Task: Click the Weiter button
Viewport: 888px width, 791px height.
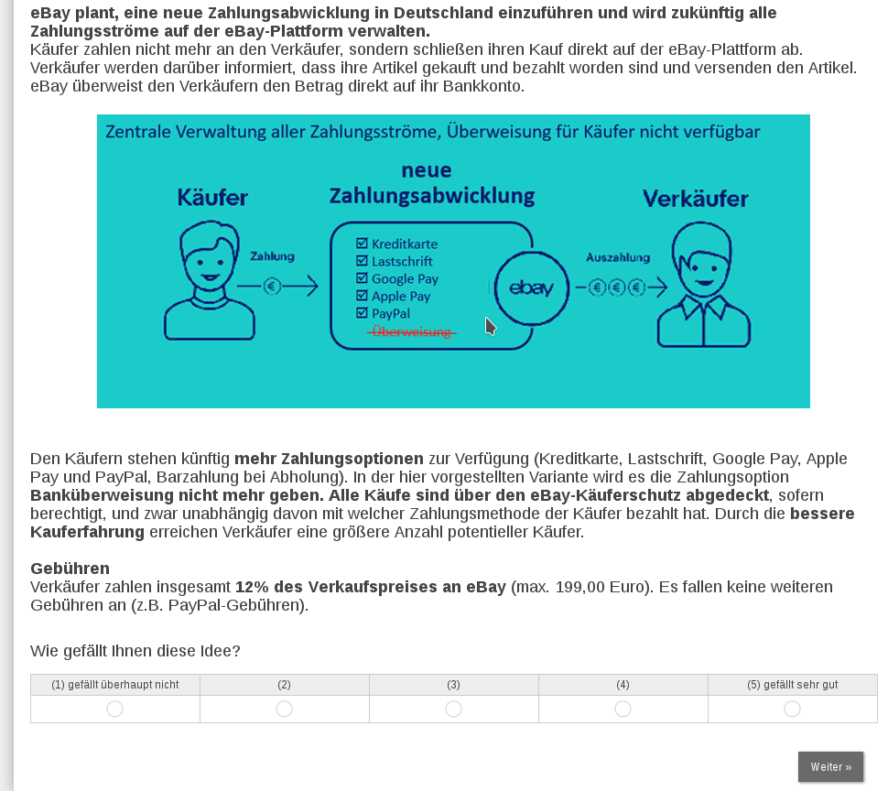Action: pos(830,767)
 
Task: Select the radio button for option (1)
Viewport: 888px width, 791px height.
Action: pos(114,709)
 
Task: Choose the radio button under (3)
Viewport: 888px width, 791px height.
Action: pos(453,709)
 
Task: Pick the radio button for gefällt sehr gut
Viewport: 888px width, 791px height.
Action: pos(792,709)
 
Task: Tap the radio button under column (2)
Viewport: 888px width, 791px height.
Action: pos(284,709)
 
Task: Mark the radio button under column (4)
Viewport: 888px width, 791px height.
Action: pos(623,709)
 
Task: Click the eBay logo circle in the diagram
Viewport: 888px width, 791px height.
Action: pos(531,288)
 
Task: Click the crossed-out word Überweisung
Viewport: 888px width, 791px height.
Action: pos(412,331)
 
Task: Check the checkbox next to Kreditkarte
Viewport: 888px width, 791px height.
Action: pos(362,244)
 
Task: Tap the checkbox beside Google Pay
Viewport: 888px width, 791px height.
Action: pos(362,278)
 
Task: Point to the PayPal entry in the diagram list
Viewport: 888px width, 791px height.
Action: pos(391,314)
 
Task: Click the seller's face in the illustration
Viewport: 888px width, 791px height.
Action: pos(702,261)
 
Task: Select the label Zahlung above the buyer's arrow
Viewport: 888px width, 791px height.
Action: pos(272,257)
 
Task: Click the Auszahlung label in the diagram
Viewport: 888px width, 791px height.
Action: pos(618,257)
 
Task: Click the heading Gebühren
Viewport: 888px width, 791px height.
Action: pos(70,569)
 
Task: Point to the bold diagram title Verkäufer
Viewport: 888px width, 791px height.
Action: pos(695,199)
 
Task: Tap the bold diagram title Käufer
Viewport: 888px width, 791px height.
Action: pos(212,198)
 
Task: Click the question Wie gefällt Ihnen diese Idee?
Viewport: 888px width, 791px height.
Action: pos(135,651)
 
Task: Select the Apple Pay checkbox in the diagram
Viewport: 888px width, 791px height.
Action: pos(362,296)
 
